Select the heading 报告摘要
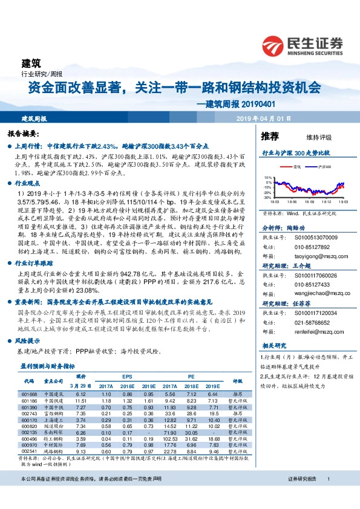coord(23,132)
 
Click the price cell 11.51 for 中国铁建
coord(80,401)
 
